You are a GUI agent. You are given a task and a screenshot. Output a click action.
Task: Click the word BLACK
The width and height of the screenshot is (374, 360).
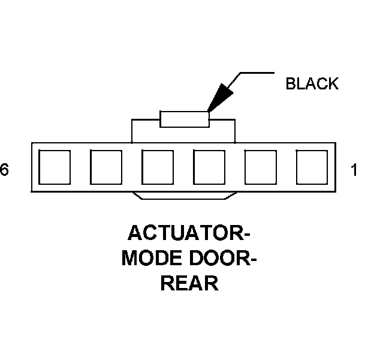click(x=312, y=84)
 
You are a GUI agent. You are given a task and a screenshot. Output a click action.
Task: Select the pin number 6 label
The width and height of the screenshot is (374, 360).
click(x=5, y=171)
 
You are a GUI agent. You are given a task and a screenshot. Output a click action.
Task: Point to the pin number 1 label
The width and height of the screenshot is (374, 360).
click(x=354, y=171)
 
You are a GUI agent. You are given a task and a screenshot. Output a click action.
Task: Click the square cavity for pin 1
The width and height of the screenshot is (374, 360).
click(x=312, y=167)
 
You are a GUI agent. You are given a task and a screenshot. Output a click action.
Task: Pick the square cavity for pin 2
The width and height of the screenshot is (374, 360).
click(x=261, y=167)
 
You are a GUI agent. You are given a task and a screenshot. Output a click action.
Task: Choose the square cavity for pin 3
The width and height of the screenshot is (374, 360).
click(x=209, y=167)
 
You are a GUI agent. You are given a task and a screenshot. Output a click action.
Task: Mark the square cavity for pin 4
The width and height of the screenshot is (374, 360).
click(x=158, y=167)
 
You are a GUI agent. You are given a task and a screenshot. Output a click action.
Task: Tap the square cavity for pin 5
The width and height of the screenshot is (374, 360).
click(x=106, y=167)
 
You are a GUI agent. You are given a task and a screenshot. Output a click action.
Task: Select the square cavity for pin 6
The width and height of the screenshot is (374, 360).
click(x=55, y=167)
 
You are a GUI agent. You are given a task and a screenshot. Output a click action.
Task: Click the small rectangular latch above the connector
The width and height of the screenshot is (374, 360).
click(x=185, y=119)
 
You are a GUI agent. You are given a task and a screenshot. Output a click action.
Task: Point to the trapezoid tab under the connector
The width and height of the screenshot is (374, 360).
click(x=183, y=196)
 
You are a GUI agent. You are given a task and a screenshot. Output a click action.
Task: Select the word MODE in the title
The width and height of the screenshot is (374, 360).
click(x=149, y=259)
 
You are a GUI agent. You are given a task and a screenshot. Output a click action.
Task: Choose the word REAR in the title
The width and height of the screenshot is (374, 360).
click(x=188, y=283)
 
